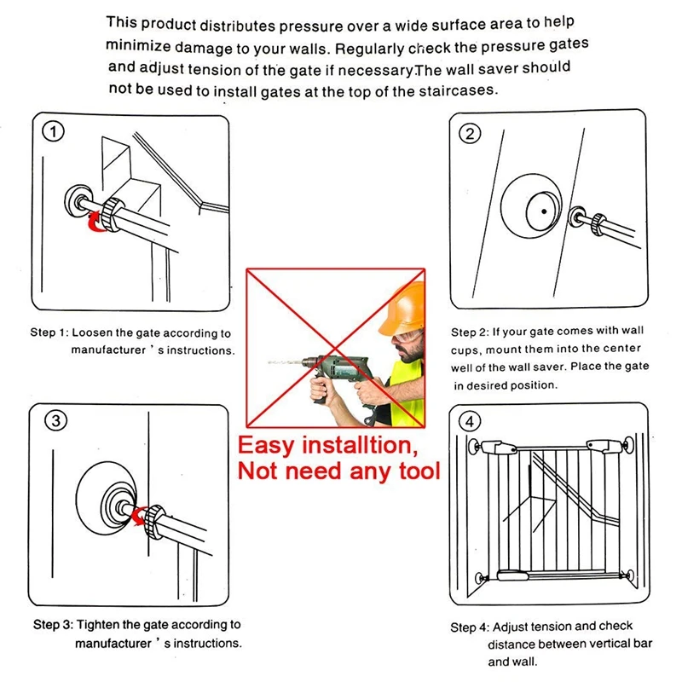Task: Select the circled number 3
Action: click(55, 420)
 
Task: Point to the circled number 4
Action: click(471, 421)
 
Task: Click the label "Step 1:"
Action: click(49, 333)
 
